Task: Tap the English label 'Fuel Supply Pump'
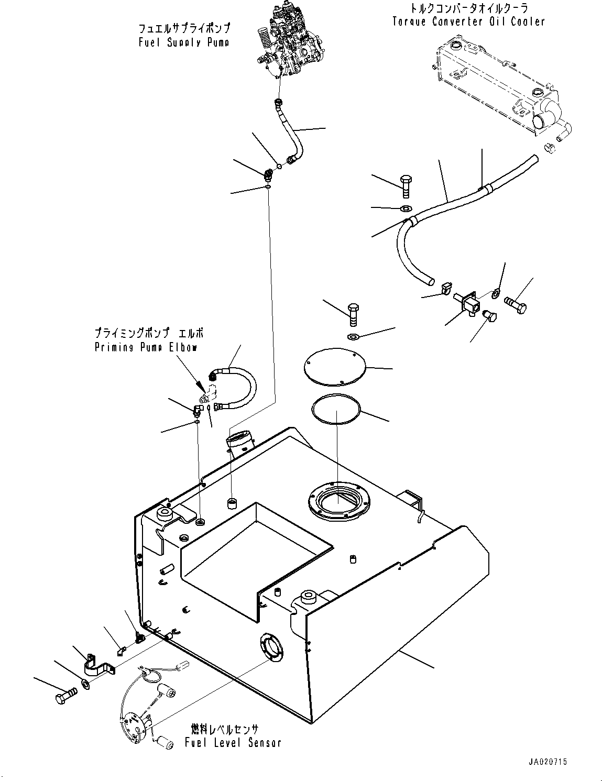pyautogui.click(x=184, y=43)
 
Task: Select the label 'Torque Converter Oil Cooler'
pyautogui.click(x=468, y=21)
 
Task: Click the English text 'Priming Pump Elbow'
pyautogui.click(x=146, y=348)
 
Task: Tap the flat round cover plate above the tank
pyautogui.click(x=334, y=367)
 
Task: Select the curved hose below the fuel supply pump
pyautogui.click(x=289, y=133)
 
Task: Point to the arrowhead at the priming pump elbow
pyautogui.click(x=201, y=388)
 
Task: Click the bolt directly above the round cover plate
pyautogui.click(x=353, y=315)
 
